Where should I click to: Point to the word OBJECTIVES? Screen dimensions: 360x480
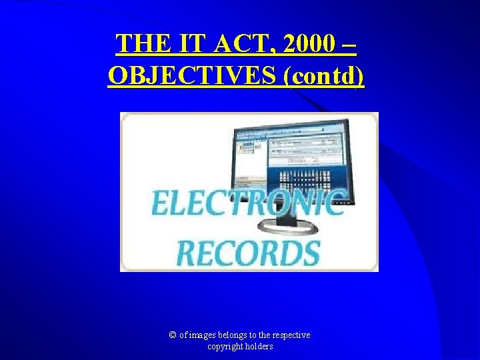point(193,75)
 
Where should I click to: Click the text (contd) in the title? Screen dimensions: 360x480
point(325,76)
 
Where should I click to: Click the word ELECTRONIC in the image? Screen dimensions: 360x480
point(249,203)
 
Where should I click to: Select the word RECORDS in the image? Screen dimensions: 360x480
point(248,253)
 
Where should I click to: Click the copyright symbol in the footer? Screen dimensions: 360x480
point(173,335)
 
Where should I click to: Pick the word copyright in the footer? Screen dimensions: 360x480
point(225,347)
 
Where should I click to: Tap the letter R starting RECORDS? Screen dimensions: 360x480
point(186,253)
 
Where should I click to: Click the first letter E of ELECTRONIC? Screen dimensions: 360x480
point(161,203)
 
